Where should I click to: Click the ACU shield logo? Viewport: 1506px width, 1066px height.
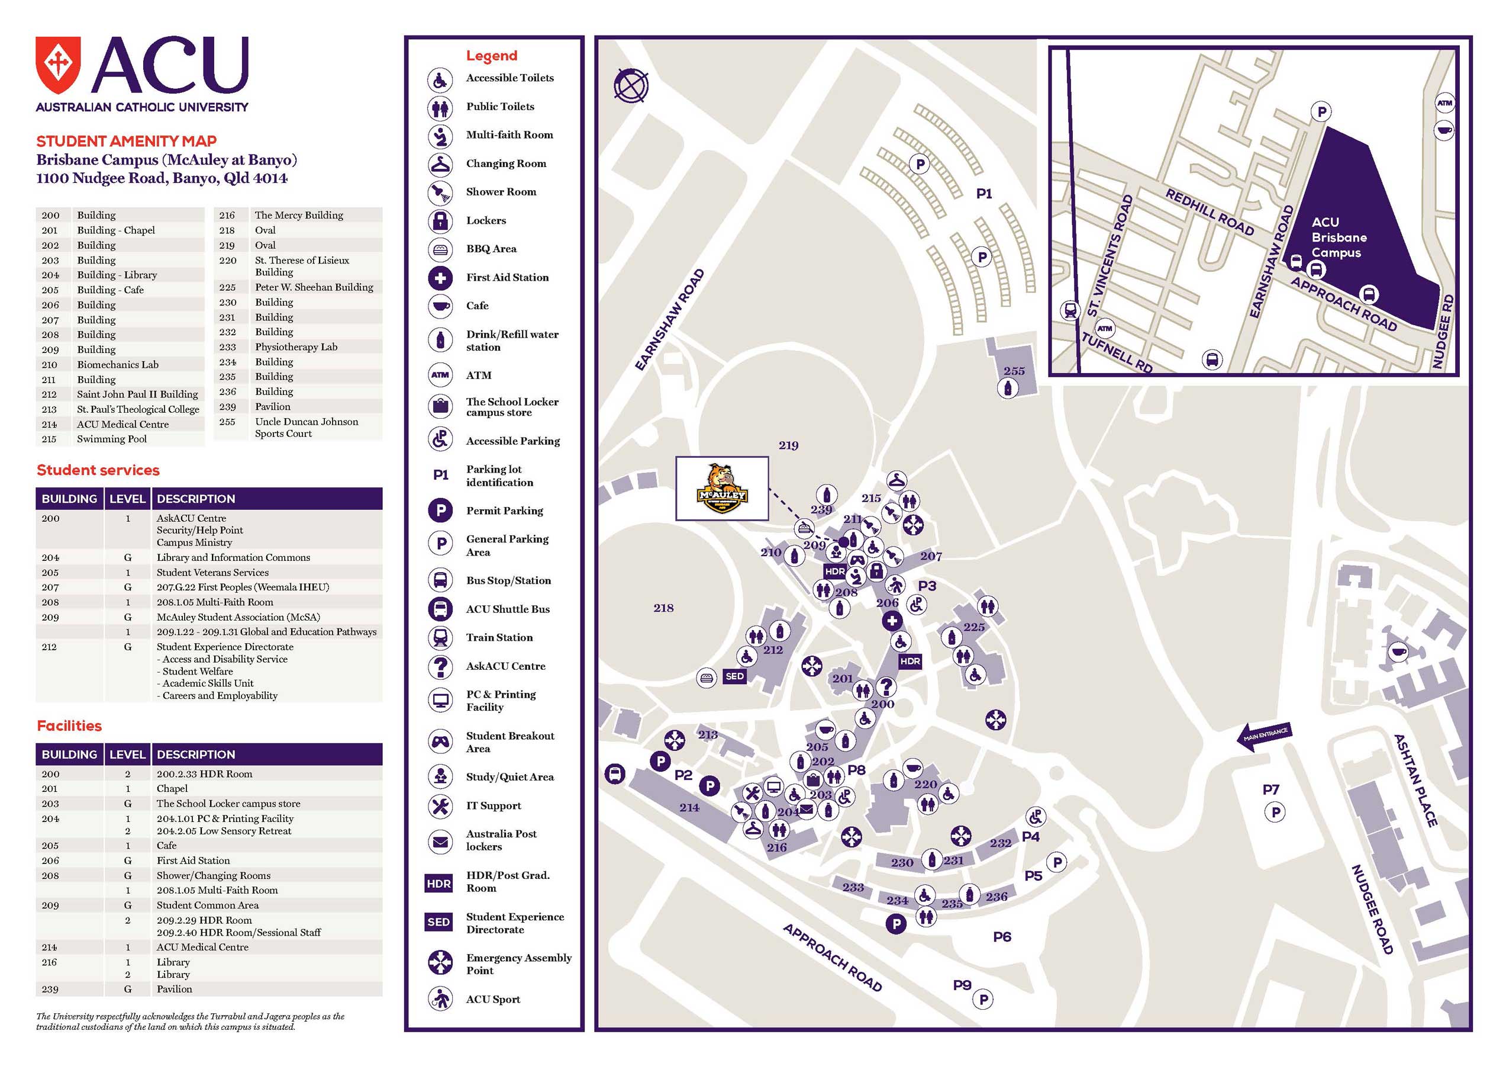tap(59, 66)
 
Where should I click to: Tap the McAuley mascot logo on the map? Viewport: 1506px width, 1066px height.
tap(722, 489)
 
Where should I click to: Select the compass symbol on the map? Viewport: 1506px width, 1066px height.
tap(631, 85)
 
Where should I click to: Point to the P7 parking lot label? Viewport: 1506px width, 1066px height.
tap(1271, 789)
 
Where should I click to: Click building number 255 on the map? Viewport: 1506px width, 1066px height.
tap(1014, 371)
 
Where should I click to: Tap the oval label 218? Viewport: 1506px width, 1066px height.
tap(663, 608)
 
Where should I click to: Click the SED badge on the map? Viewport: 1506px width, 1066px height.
tap(734, 676)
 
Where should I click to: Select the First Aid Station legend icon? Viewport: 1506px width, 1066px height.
tap(440, 278)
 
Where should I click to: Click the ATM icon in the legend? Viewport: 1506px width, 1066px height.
tap(440, 375)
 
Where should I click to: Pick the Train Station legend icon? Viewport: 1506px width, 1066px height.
tap(440, 637)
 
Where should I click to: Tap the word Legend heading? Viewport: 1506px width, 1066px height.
tap(491, 56)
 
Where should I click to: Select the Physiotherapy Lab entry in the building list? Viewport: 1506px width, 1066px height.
tap(296, 346)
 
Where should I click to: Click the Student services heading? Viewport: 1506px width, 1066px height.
tap(98, 470)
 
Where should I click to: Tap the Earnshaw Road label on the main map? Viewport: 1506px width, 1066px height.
tap(670, 319)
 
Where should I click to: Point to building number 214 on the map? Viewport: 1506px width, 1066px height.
tap(689, 807)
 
